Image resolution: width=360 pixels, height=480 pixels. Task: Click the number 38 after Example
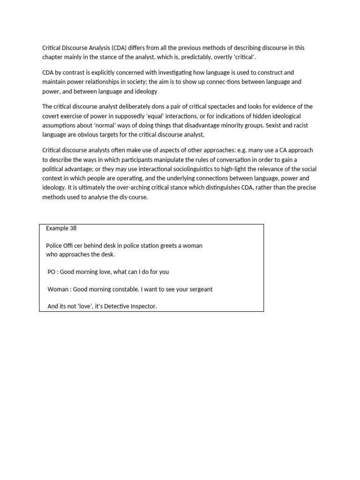(73, 228)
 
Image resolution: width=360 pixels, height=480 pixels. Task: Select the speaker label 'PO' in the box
(52, 271)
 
